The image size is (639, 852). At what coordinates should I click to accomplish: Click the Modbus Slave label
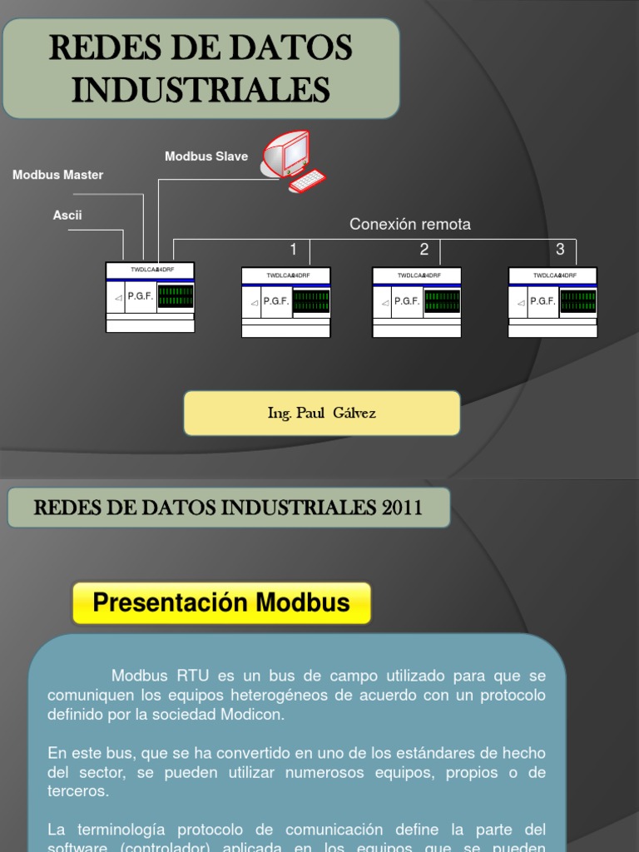tap(206, 156)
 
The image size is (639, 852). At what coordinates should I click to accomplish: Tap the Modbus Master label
tap(57, 175)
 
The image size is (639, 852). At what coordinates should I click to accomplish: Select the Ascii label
tap(67, 215)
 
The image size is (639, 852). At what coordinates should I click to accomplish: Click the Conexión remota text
tap(410, 225)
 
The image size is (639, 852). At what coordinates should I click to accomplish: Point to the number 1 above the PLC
tap(293, 250)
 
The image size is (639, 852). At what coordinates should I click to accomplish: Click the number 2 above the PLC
tap(424, 250)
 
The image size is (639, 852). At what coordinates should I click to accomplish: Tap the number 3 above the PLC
tap(560, 250)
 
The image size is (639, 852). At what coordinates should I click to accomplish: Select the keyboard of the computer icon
tap(308, 181)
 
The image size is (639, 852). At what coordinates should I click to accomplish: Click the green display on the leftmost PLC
tap(176, 296)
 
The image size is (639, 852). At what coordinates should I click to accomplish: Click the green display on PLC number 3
tap(577, 301)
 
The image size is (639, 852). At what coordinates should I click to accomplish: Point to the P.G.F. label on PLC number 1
tap(275, 301)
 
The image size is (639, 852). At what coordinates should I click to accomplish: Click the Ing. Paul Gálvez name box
tap(321, 414)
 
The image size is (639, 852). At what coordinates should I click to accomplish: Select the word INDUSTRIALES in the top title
tap(201, 90)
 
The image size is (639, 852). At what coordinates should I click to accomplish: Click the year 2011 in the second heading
tap(403, 508)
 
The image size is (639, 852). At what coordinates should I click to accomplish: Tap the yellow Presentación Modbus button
tap(221, 603)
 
